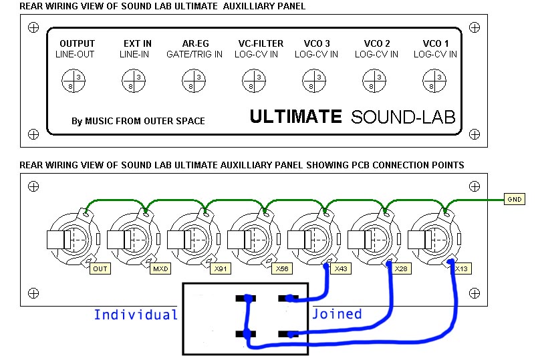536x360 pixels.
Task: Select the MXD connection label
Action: pos(160,269)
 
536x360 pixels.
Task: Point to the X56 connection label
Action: pos(281,269)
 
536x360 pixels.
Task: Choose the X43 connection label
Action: pos(340,269)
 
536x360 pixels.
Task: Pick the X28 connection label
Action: pos(400,269)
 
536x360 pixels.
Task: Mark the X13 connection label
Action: pos(460,269)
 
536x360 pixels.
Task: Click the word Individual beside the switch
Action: pos(136,315)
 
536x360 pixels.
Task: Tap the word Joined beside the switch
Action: pos(337,314)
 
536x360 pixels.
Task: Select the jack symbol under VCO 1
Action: pos(434,81)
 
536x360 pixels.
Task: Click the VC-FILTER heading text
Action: pos(261,44)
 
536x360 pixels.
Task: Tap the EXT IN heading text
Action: pos(138,44)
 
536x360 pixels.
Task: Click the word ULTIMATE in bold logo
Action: pos(295,117)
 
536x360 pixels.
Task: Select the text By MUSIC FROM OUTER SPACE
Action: pos(138,121)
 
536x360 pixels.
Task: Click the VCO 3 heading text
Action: pos(317,44)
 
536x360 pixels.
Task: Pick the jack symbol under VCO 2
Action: pos(374,81)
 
